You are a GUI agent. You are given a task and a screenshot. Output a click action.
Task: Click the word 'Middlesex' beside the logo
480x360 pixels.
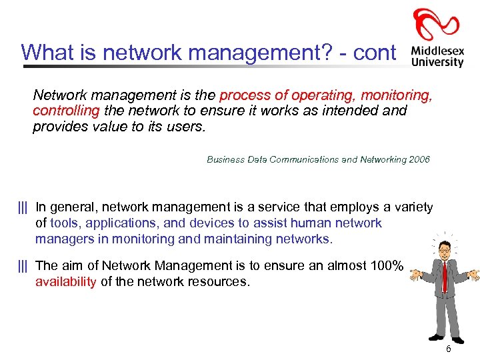(437, 49)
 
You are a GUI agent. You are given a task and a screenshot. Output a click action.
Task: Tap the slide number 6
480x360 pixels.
(448, 349)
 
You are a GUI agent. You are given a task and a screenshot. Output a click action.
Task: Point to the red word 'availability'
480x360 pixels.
(66, 281)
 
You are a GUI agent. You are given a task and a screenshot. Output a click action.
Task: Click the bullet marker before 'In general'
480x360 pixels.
(23, 207)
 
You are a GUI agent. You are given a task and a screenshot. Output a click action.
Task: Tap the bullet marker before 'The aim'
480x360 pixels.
(23, 266)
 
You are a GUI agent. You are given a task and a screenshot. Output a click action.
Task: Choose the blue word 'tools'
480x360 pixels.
(64, 223)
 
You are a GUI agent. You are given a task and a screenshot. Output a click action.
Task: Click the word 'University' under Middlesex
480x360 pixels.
(437, 62)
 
